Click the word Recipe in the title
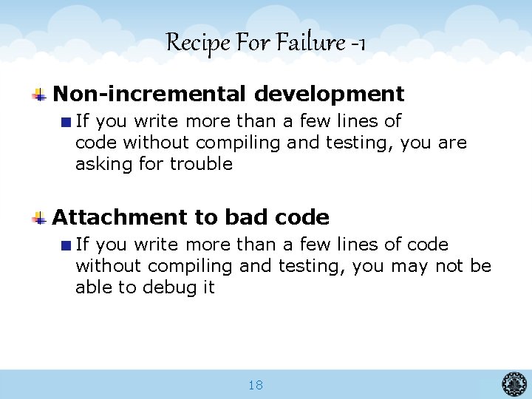[189, 43]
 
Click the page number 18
[256, 385]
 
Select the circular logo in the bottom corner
[514, 384]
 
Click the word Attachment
[120, 217]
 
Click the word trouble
[201, 164]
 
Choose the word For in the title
[253, 43]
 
